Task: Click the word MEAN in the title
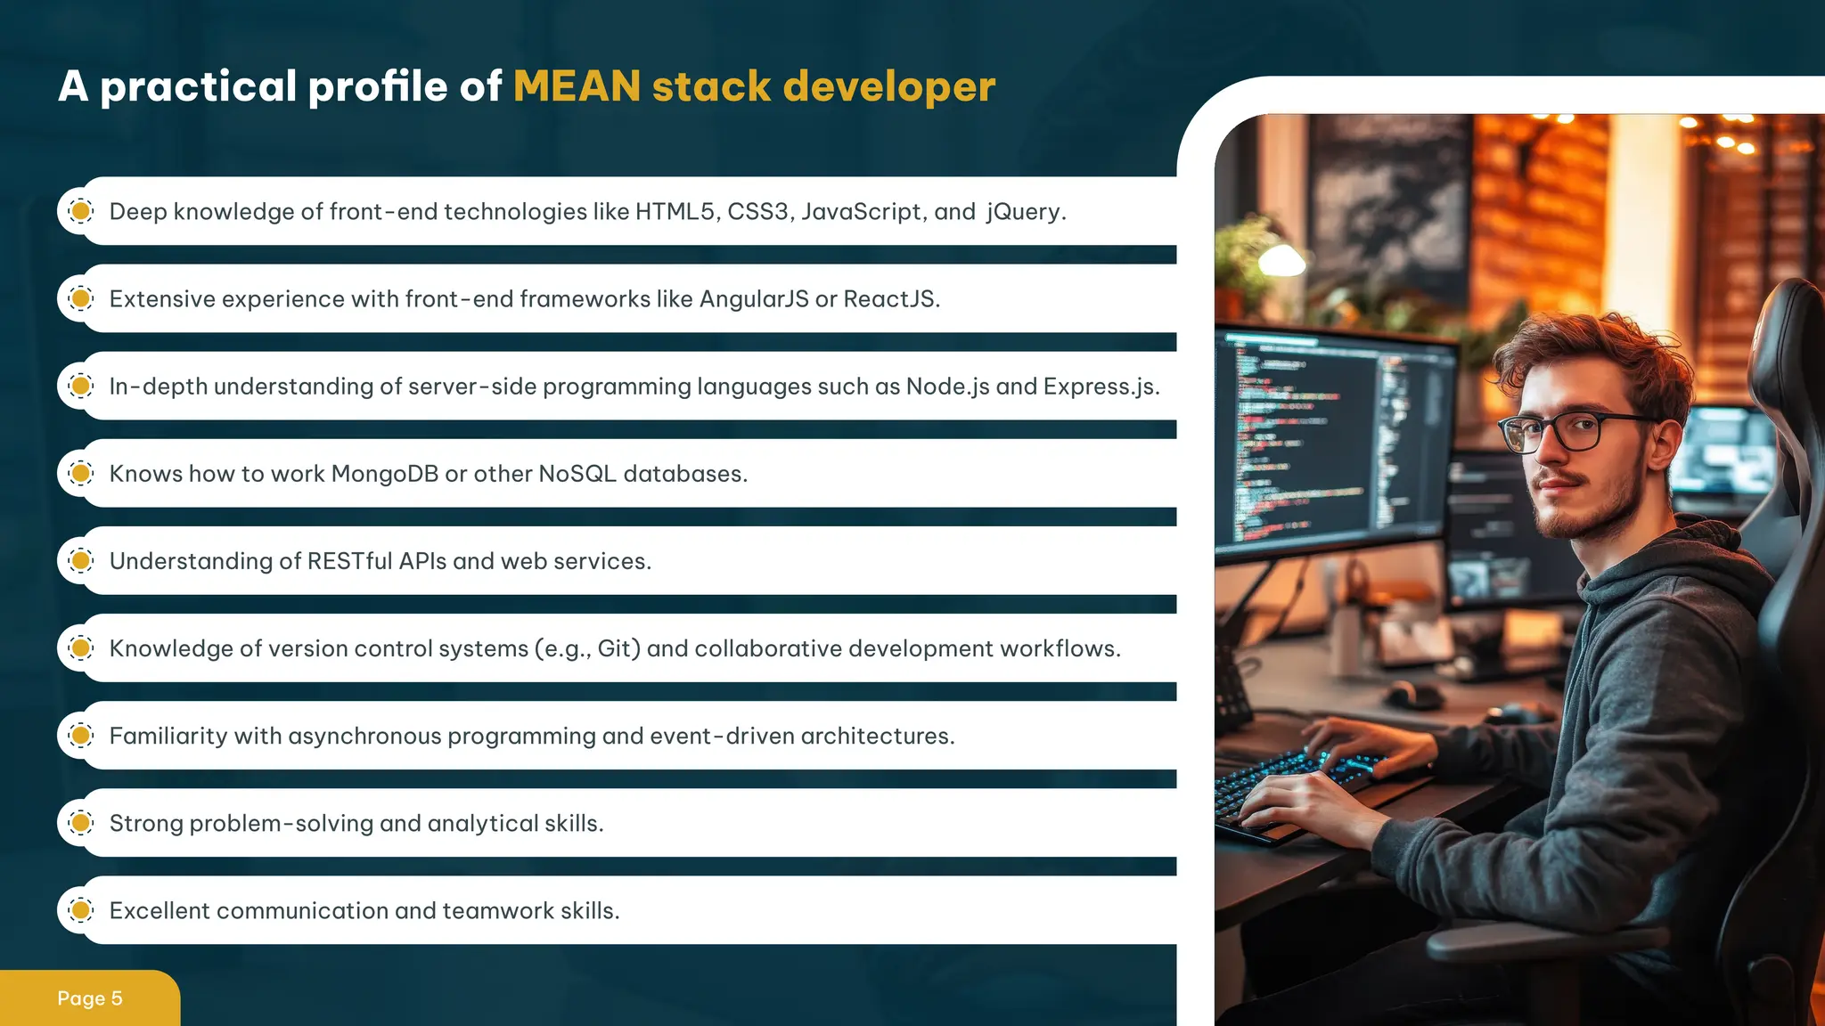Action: (577, 86)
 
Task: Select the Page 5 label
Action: (89, 998)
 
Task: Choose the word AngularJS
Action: (754, 299)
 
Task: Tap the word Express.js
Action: (1100, 387)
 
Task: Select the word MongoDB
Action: (384, 474)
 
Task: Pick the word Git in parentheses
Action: (614, 648)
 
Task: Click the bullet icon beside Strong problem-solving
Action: (81, 823)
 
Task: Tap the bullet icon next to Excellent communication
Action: (81, 910)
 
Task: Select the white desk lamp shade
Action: (1281, 261)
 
